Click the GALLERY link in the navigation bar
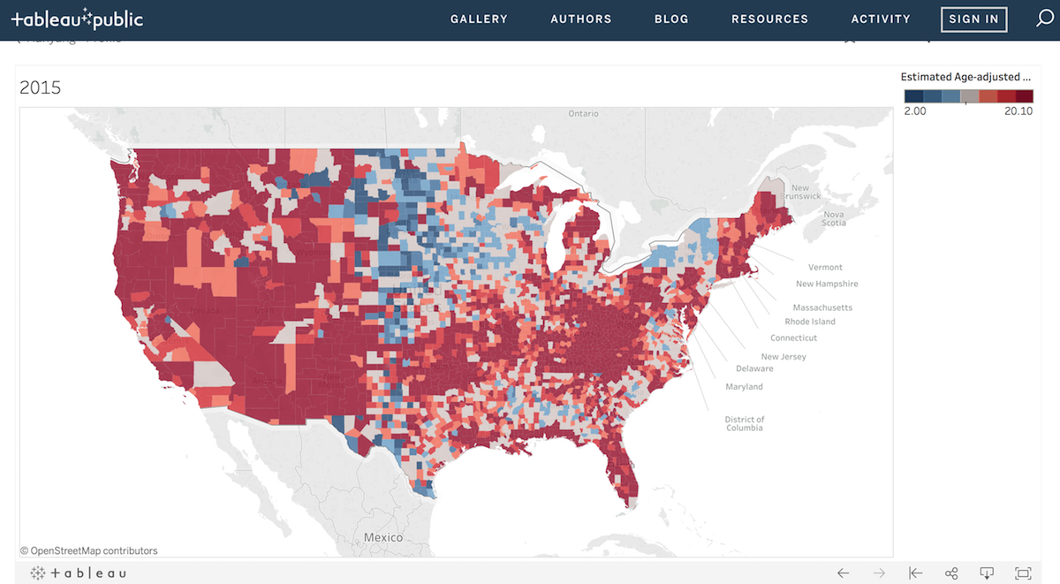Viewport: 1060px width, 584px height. point(479,19)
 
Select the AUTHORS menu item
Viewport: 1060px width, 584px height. point(580,19)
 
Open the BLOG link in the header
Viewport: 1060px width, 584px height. point(671,19)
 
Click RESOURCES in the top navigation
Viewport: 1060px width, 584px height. point(769,19)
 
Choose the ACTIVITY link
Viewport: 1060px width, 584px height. point(881,19)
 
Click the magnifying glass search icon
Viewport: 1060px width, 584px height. point(1044,19)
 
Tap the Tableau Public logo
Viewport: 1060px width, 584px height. point(77,19)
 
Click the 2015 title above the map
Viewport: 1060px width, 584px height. point(41,87)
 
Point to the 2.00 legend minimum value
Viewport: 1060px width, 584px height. point(915,111)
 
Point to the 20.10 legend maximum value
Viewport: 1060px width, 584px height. point(1018,111)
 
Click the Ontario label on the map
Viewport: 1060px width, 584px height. point(583,114)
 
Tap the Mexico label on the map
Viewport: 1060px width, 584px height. point(382,537)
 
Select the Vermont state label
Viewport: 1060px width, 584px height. point(825,267)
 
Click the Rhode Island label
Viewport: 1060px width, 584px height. point(810,322)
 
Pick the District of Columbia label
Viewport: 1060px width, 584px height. point(745,424)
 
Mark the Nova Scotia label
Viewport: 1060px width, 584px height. point(834,218)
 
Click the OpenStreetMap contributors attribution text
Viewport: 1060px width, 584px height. point(88,550)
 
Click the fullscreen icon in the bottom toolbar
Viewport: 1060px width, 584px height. point(1023,573)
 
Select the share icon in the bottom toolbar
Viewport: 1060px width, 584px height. point(951,573)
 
